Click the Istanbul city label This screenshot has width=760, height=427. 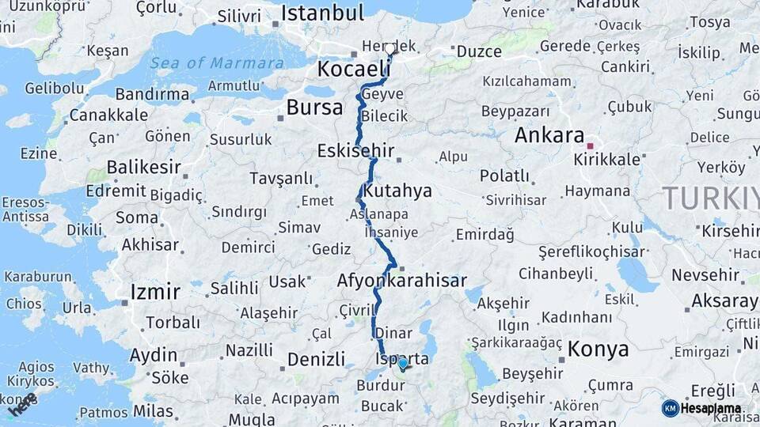[x=322, y=13]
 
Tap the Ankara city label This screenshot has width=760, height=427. [x=549, y=135]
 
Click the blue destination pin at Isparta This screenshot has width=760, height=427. [x=402, y=364]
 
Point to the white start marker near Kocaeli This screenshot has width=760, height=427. [x=390, y=50]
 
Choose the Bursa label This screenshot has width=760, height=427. [x=314, y=108]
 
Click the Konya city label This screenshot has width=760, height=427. [x=598, y=350]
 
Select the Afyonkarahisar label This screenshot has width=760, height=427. [x=401, y=281]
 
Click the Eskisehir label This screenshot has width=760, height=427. [x=355, y=150]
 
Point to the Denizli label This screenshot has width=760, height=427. [x=316, y=360]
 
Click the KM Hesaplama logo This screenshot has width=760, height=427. [x=701, y=408]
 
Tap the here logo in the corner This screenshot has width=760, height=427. [x=22, y=404]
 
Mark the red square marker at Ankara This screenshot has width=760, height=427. [x=590, y=145]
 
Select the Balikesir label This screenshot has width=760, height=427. [x=143, y=168]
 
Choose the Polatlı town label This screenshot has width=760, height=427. [x=504, y=176]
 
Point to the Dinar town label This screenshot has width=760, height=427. [x=393, y=334]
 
